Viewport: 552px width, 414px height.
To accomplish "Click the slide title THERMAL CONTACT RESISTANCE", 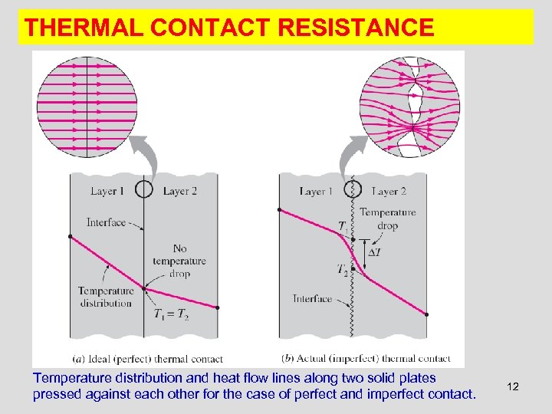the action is [229, 28].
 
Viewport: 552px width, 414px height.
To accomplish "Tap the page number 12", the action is [513, 386].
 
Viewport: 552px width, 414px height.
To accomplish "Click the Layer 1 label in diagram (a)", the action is [108, 191].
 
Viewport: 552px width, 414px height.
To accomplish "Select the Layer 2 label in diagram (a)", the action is [180, 191].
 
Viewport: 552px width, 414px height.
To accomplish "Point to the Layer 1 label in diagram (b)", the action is [316, 191].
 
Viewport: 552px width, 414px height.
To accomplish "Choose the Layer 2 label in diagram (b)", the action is [389, 191].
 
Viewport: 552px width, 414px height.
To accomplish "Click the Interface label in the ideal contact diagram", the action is [106, 222].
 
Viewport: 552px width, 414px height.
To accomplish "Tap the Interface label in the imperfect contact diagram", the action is [312, 299].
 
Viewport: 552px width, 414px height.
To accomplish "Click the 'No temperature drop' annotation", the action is [179, 261].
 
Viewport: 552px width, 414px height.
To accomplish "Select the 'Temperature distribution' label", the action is [106, 297].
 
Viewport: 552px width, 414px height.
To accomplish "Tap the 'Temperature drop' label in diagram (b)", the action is [387, 219].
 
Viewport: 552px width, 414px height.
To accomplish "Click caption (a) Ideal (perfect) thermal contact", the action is [147, 358].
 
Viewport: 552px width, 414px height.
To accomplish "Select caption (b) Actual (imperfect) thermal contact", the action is [366, 358].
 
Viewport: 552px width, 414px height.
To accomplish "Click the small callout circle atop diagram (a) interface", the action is [143, 189].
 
